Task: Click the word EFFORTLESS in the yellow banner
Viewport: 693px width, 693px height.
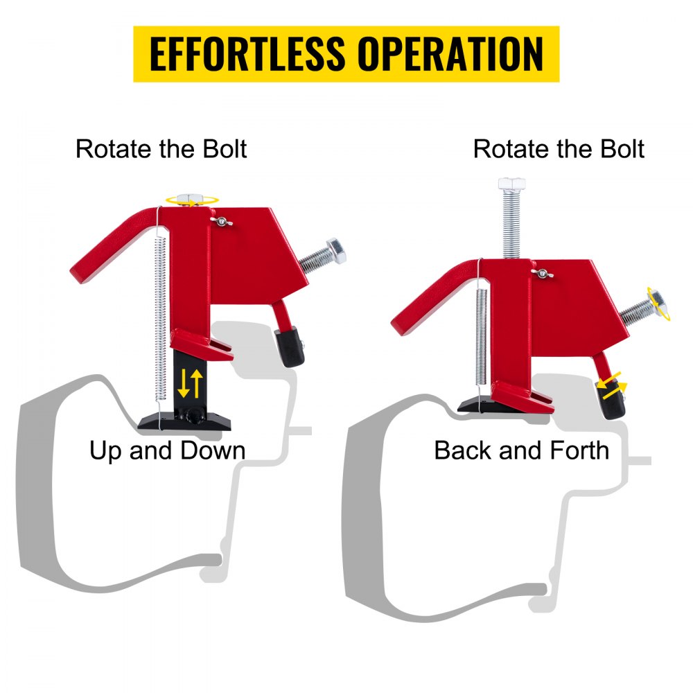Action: tap(247, 54)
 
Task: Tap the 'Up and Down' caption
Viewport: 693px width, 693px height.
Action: tap(168, 451)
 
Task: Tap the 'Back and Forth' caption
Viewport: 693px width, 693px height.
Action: tap(522, 450)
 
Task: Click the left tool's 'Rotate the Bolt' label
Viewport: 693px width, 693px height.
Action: tap(161, 148)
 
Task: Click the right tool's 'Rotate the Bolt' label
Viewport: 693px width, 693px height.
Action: tap(559, 148)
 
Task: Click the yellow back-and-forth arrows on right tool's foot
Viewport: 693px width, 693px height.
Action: tap(612, 385)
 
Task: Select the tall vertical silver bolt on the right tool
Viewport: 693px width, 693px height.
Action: tap(512, 218)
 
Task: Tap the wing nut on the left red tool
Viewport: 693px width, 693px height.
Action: tap(221, 221)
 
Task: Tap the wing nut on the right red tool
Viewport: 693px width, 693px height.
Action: tap(542, 273)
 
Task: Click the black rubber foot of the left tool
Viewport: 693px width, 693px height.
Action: tap(290, 346)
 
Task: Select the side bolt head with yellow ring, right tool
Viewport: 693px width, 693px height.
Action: tap(658, 304)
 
